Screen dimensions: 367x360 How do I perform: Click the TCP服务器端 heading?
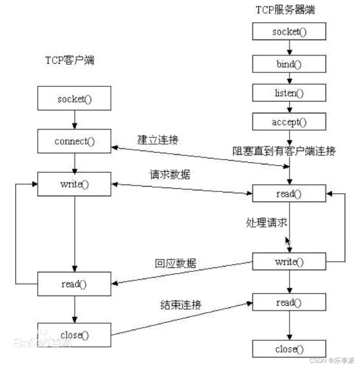(x=285, y=10)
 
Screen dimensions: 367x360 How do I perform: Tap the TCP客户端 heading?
(x=70, y=61)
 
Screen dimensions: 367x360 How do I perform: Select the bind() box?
(x=289, y=64)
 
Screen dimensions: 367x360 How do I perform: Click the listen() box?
(x=289, y=93)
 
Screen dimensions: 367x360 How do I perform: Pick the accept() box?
(x=289, y=122)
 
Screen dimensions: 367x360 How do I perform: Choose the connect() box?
(x=74, y=141)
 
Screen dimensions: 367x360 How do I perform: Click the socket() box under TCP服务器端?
(x=289, y=32)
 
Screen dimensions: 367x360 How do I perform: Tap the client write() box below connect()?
(x=74, y=184)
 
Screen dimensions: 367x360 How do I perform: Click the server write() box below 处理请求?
(x=289, y=262)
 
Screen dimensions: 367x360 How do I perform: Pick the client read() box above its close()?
(x=74, y=284)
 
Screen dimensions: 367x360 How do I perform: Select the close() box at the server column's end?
(x=289, y=349)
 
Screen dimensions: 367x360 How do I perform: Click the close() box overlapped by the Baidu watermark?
(x=74, y=335)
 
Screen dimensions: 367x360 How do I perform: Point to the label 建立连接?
(x=158, y=140)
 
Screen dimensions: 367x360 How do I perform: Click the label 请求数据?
(x=170, y=175)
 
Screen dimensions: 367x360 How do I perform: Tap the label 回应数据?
(x=176, y=263)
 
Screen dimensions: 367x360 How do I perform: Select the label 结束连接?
(x=180, y=304)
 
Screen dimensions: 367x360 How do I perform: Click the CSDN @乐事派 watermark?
(x=331, y=360)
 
